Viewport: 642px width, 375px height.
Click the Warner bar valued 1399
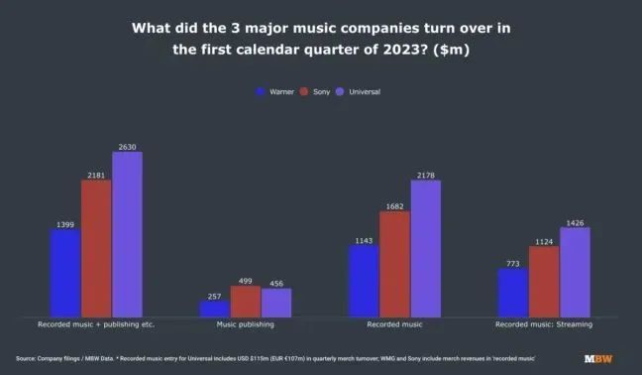click(65, 273)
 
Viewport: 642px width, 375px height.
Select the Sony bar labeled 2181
click(96, 248)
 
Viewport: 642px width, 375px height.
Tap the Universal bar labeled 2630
click(127, 234)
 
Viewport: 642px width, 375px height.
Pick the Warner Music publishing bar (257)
click(215, 309)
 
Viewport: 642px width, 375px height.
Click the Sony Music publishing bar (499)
click(246, 302)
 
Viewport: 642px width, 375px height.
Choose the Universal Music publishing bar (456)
click(276, 303)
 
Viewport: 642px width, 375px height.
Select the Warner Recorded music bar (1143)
click(364, 281)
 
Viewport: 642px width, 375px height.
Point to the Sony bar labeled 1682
click(394, 264)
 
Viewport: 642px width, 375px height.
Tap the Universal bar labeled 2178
click(425, 248)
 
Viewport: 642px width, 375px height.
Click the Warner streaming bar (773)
click(513, 293)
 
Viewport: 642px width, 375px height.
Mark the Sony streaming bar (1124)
click(544, 282)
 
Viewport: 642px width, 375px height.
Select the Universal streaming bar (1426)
click(575, 272)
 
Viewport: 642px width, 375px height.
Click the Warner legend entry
click(274, 91)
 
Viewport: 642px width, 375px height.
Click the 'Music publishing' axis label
click(246, 324)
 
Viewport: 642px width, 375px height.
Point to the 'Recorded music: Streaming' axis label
click(544, 324)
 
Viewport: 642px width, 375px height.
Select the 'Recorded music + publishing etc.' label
click(96, 324)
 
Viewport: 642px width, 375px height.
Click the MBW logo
click(597, 358)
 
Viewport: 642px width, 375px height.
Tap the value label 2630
click(127, 147)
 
